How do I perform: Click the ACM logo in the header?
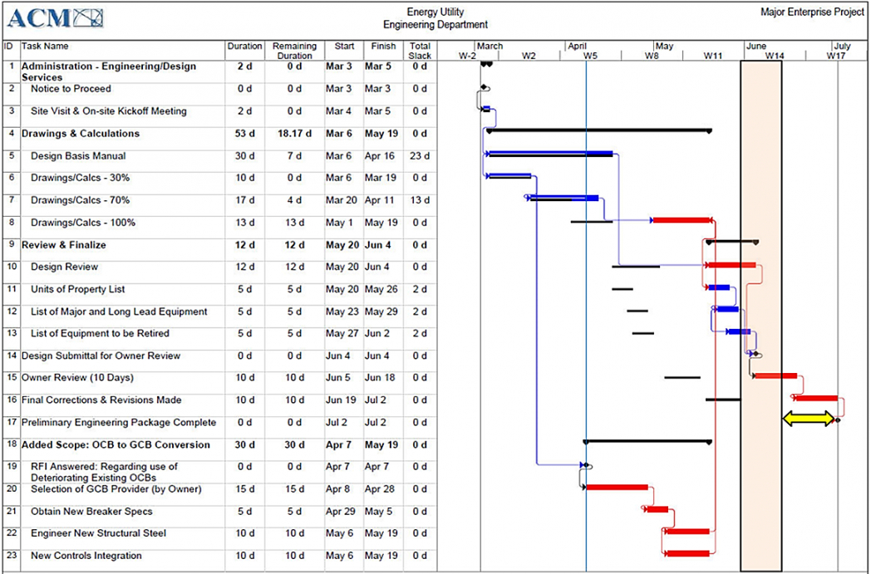click(x=58, y=17)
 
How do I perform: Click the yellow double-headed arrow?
click(x=809, y=419)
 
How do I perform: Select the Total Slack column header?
click(x=421, y=51)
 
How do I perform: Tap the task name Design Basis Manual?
click(x=78, y=156)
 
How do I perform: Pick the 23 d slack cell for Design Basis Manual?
click(x=421, y=156)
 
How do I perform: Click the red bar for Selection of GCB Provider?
click(x=617, y=487)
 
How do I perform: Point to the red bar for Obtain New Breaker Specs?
click(x=657, y=509)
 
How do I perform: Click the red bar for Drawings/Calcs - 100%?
click(x=682, y=220)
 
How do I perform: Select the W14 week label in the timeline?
click(x=775, y=56)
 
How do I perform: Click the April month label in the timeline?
click(x=578, y=47)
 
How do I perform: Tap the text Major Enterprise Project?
click(x=812, y=12)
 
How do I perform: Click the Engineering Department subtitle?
click(x=435, y=25)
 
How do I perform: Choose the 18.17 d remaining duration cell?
click(x=294, y=134)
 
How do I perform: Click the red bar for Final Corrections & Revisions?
click(x=816, y=398)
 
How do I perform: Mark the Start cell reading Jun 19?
click(x=339, y=400)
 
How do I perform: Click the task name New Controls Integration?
click(x=87, y=556)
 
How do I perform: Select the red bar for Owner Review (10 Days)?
click(x=775, y=375)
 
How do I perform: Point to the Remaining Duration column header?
click(x=294, y=51)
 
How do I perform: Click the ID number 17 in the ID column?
click(x=12, y=423)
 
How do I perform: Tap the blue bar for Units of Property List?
click(x=720, y=287)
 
